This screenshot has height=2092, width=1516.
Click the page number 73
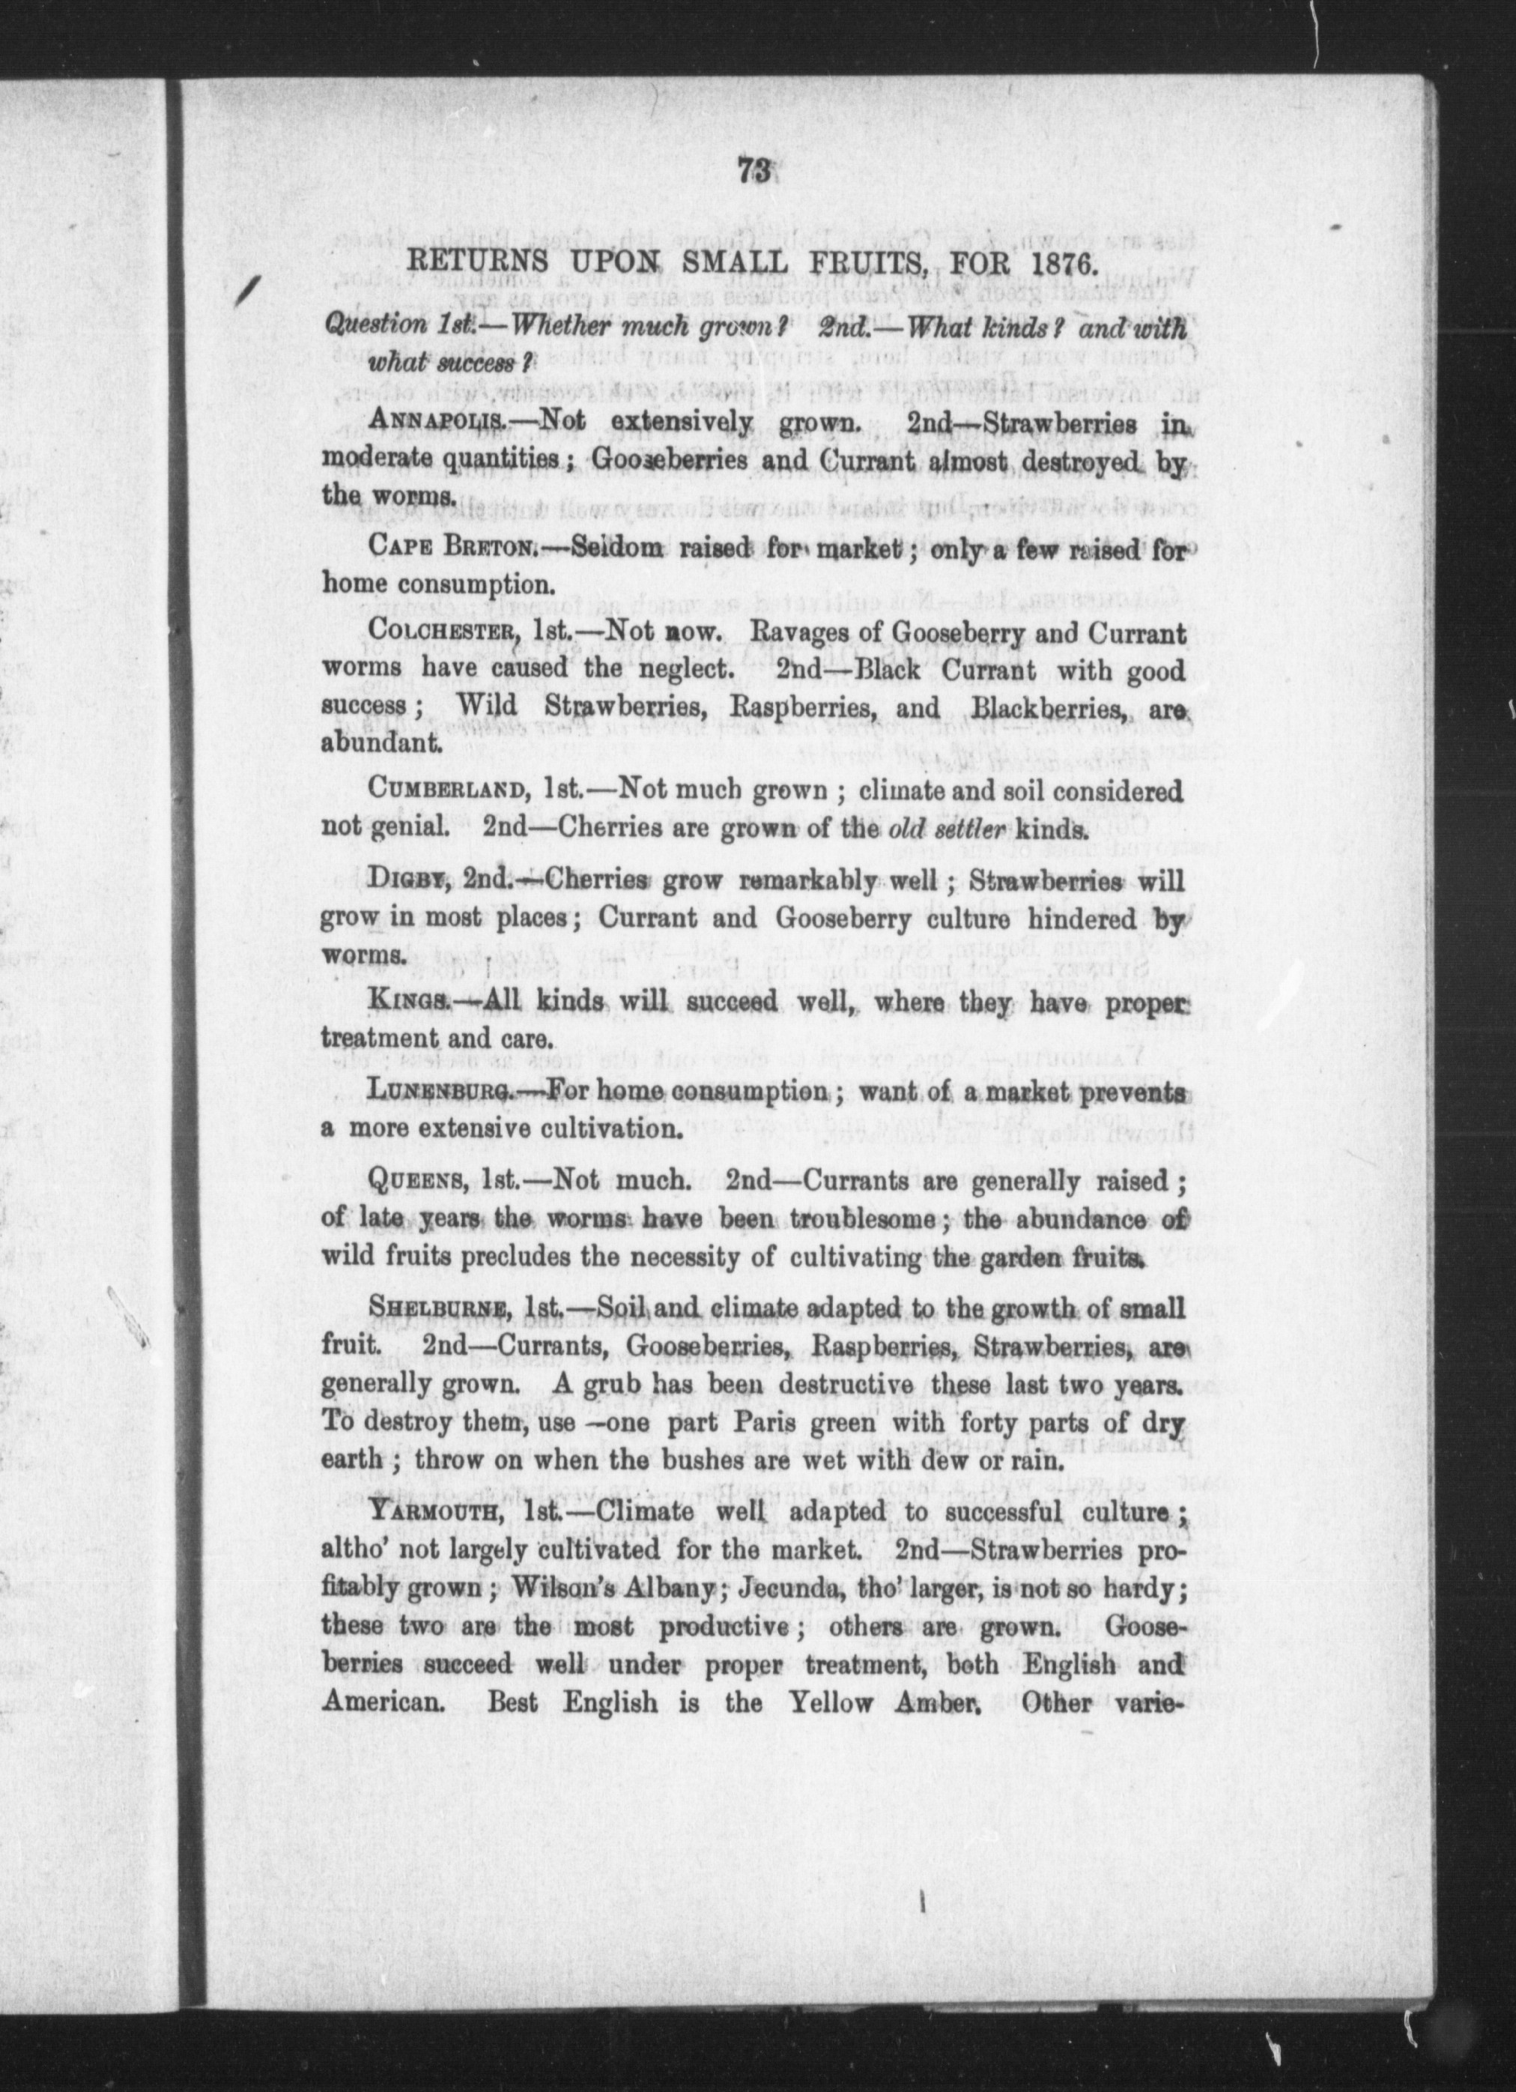tap(754, 172)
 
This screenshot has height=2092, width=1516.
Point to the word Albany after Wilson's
tap(665, 1590)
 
